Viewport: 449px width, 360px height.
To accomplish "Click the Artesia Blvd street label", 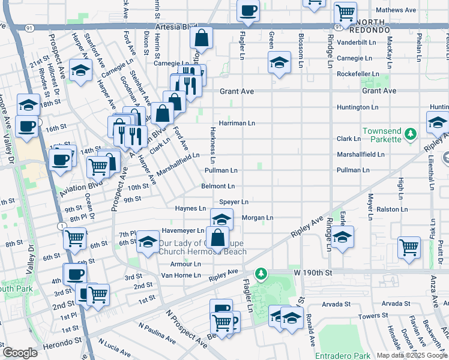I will click(x=176, y=27).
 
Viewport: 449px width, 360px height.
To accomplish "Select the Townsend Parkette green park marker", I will click(x=410, y=134).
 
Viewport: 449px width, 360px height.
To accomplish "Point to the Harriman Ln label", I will click(x=237, y=123).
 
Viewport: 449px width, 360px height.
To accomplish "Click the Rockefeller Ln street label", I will click(x=358, y=74).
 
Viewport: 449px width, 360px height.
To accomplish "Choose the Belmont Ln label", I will click(x=218, y=187).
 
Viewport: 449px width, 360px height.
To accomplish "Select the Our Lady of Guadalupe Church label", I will click(x=202, y=247).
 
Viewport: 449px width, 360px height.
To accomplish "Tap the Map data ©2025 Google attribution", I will click(x=411, y=355).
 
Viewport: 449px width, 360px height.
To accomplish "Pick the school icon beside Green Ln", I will click(x=279, y=63).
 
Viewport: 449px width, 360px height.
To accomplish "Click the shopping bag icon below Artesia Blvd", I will click(x=202, y=38).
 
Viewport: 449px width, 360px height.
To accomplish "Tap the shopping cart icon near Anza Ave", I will click(x=409, y=247).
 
